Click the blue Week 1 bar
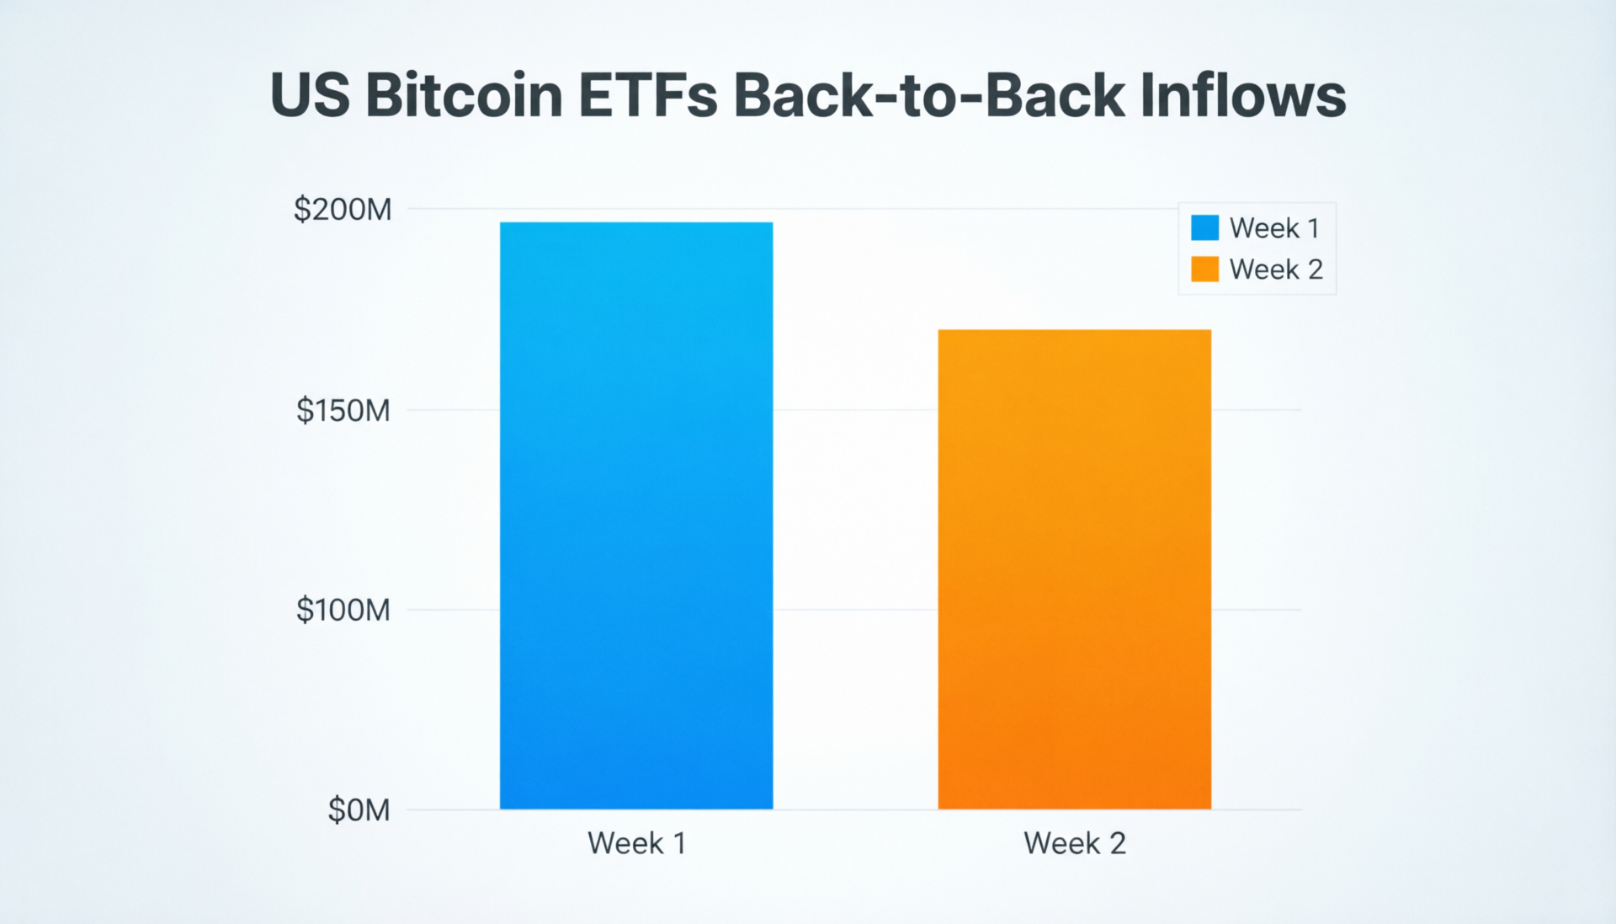[x=636, y=515]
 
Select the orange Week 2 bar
[x=1075, y=569]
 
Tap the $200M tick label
[x=343, y=209]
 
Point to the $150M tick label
[x=343, y=410]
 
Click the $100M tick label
[x=343, y=610]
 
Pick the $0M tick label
[x=359, y=810]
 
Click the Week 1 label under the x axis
[x=636, y=843]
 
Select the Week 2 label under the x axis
[x=1075, y=843]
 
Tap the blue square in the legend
[x=1204, y=227]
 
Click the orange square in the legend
[x=1204, y=270]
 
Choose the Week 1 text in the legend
[x=1274, y=227]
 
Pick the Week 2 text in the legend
[x=1276, y=270]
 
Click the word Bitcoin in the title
[x=465, y=94]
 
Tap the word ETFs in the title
[x=648, y=94]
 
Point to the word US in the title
[x=310, y=94]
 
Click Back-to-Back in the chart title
[x=929, y=94]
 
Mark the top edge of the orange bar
[x=1075, y=330]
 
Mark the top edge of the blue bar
[x=636, y=223]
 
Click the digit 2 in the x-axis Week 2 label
[x=1117, y=843]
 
